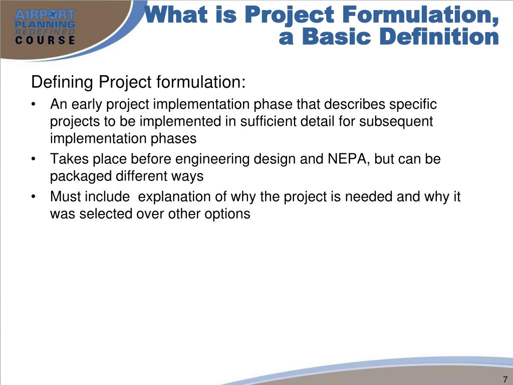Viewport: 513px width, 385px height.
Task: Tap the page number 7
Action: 504,379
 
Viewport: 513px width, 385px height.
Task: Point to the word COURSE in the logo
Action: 45,41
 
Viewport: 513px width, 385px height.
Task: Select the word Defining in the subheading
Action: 63,82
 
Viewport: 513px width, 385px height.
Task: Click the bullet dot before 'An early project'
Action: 33,105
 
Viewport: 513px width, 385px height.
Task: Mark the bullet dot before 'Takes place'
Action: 33,160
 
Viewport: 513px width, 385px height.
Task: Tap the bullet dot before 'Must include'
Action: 33,197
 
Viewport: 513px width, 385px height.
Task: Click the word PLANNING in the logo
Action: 45,24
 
